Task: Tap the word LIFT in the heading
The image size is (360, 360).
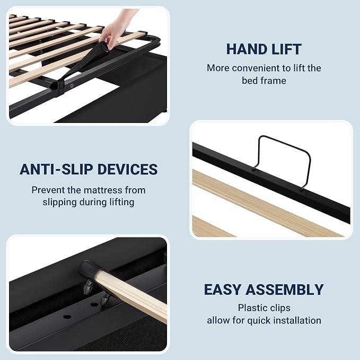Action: point(286,49)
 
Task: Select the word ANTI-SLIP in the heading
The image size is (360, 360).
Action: point(56,170)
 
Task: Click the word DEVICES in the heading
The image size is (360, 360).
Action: point(128,170)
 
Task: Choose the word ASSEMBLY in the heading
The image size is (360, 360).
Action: point(285,289)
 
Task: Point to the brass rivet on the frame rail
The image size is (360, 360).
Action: point(72,86)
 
